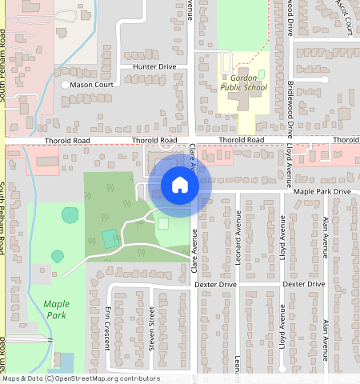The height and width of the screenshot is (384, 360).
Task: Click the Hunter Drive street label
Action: (x=154, y=66)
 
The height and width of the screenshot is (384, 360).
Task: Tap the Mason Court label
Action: (x=91, y=84)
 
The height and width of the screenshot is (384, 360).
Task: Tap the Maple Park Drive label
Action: (x=322, y=192)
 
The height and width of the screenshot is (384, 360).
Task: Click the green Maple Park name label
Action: (x=57, y=310)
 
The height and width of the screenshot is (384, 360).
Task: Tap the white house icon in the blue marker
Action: (x=180, y=186)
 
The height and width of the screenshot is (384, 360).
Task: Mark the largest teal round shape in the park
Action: (x=70, y=214)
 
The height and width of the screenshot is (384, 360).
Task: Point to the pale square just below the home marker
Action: (x=163, y=225)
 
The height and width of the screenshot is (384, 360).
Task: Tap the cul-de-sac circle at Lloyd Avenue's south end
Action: (x=283, y=370)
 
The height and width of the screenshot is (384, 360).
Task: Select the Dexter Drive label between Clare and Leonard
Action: (x=216, y=284)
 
